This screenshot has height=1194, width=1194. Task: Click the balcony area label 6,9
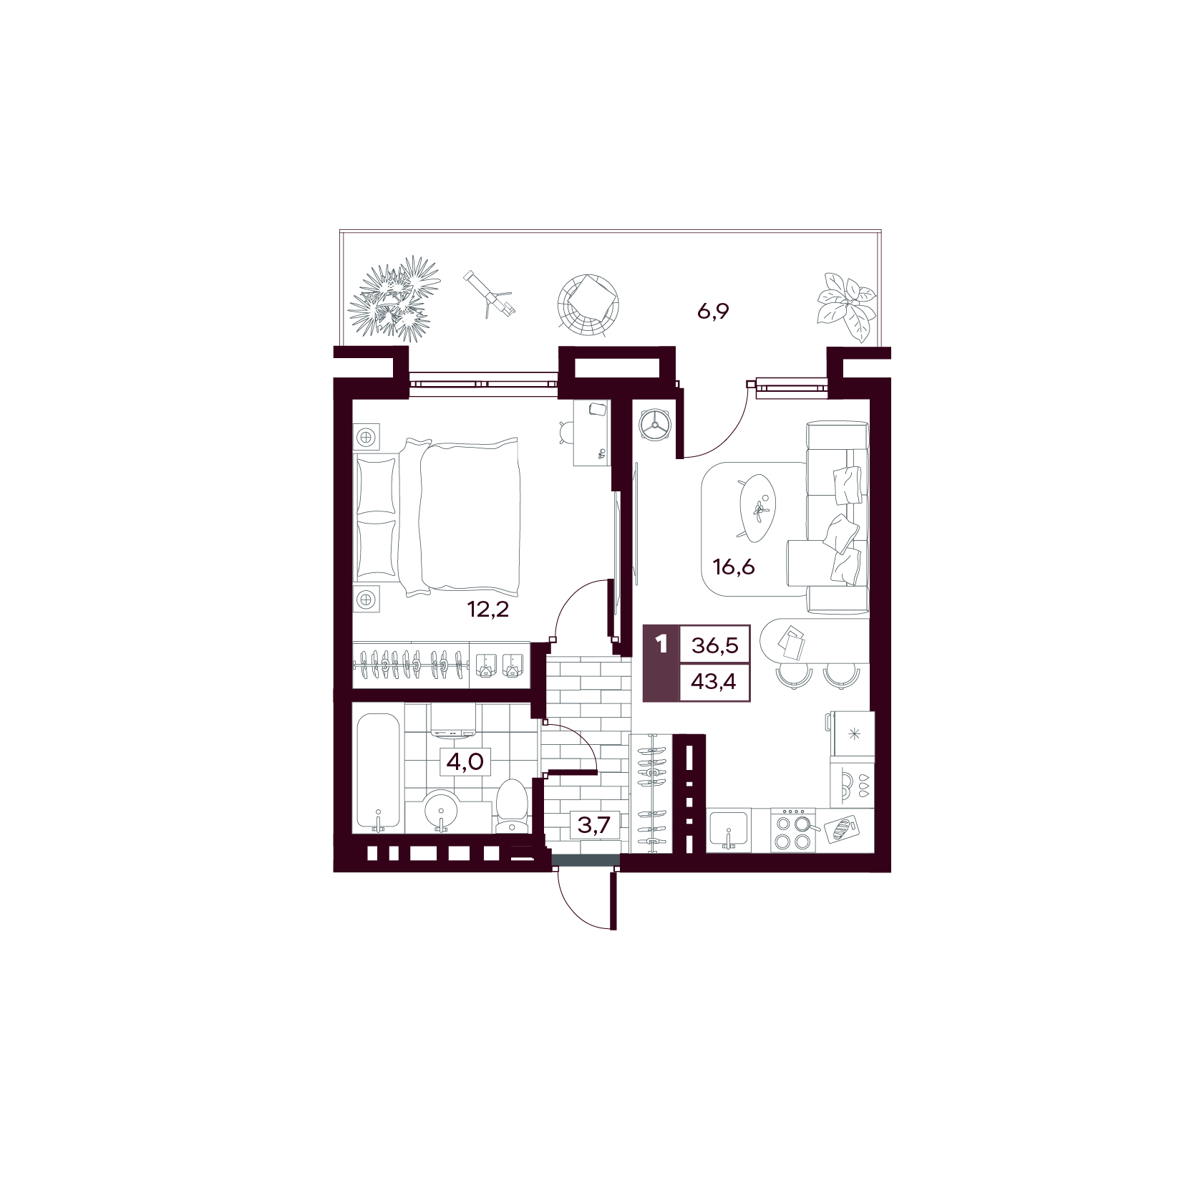[x=712, y=312]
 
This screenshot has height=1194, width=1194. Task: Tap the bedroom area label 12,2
[x=487, y=610]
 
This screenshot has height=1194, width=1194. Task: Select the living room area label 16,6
[x=734, y=567]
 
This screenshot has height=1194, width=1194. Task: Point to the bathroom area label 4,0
[x=465, y=761]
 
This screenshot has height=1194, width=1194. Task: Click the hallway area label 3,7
[x=594, y=825]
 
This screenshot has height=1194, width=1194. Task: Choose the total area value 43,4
[x=714, y=681]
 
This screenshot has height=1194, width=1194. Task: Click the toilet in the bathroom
[x=511, y=807]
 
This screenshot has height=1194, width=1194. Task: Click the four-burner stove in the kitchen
[x=794, y=830]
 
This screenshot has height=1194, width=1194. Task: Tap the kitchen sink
[x=729, y=830]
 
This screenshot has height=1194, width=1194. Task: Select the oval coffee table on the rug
[x=756, y=506]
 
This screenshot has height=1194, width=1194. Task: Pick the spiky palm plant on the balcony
[x=394, y=299]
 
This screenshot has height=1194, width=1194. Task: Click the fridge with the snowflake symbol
[x=853, y=734]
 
